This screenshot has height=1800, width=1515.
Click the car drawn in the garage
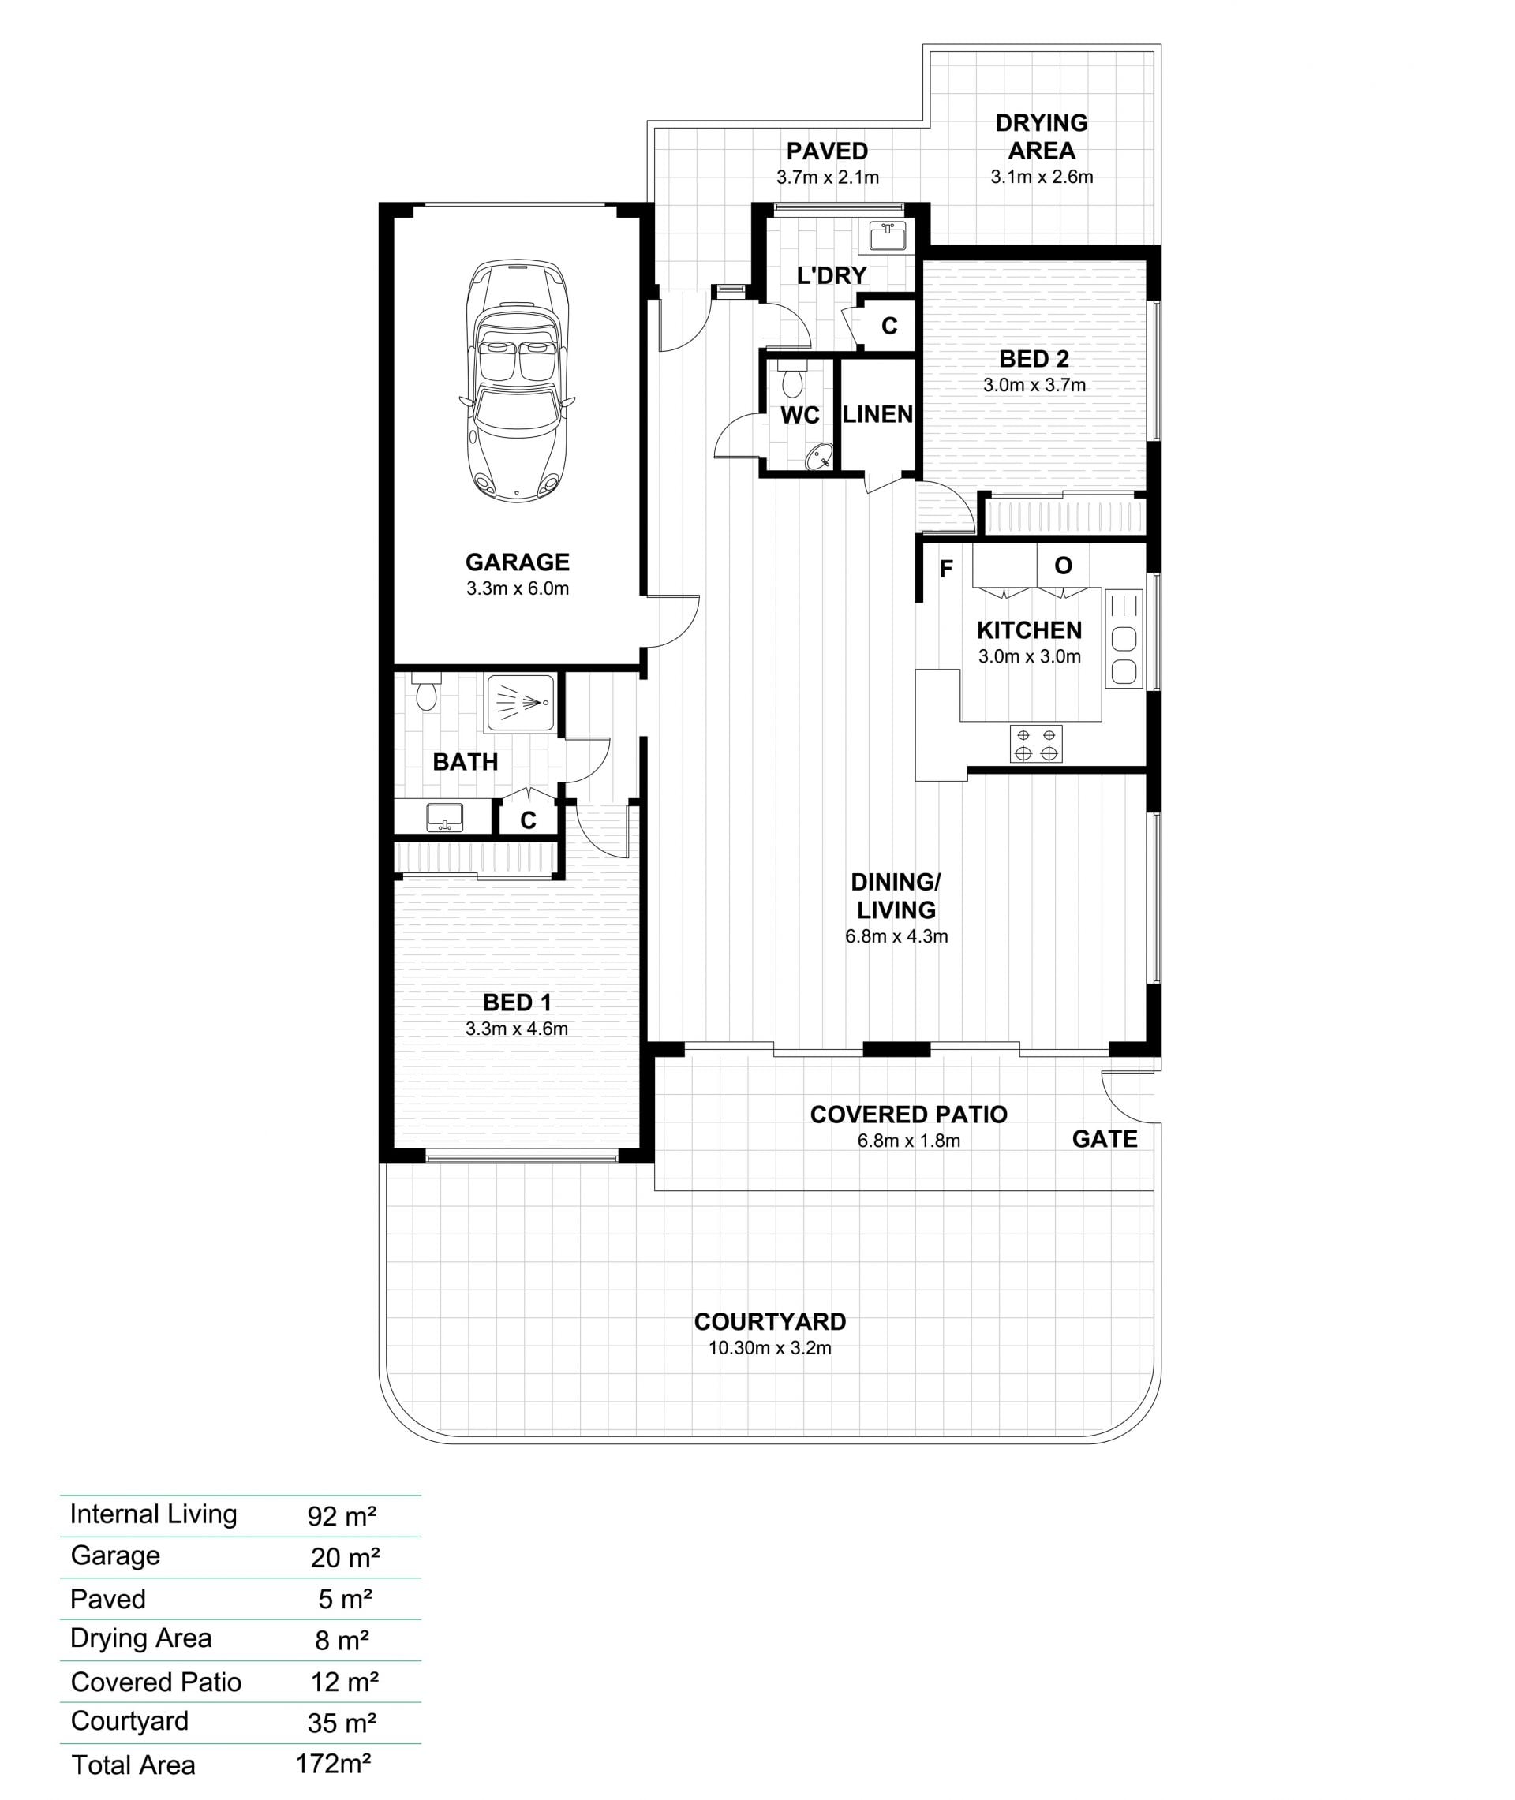coord(517,380)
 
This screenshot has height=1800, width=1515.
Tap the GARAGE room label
coord(517,562)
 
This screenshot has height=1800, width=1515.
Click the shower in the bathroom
coord(521,703)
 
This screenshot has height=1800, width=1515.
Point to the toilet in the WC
coord(792,379)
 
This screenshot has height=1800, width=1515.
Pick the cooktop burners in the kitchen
coord(1036,744)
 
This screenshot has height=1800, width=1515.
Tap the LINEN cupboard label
coord(877,415)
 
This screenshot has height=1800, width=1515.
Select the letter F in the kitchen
coord(945,568)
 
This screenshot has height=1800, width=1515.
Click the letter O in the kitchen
coord(1063,566)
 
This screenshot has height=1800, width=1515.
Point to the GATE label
coord(1105,1139)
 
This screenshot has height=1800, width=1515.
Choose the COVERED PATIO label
coord(909,1115)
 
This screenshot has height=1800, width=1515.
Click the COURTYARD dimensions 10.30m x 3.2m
coord(769,1348)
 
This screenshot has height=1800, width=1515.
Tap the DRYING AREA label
coord(1041,136)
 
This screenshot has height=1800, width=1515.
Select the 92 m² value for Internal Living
coord(342,1516)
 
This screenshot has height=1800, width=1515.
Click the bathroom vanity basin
coord(445,816)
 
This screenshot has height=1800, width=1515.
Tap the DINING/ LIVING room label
coord(896,895)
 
